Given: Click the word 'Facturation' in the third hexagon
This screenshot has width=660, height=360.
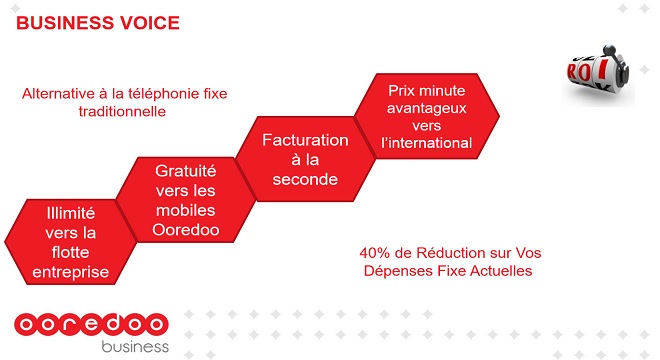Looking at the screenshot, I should pos(305,140).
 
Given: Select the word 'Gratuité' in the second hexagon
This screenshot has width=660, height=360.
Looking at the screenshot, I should pos(186,171).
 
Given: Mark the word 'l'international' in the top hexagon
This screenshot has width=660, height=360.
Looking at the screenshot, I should pos(428,143).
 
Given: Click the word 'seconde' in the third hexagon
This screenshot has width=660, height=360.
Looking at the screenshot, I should pos(305,180).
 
